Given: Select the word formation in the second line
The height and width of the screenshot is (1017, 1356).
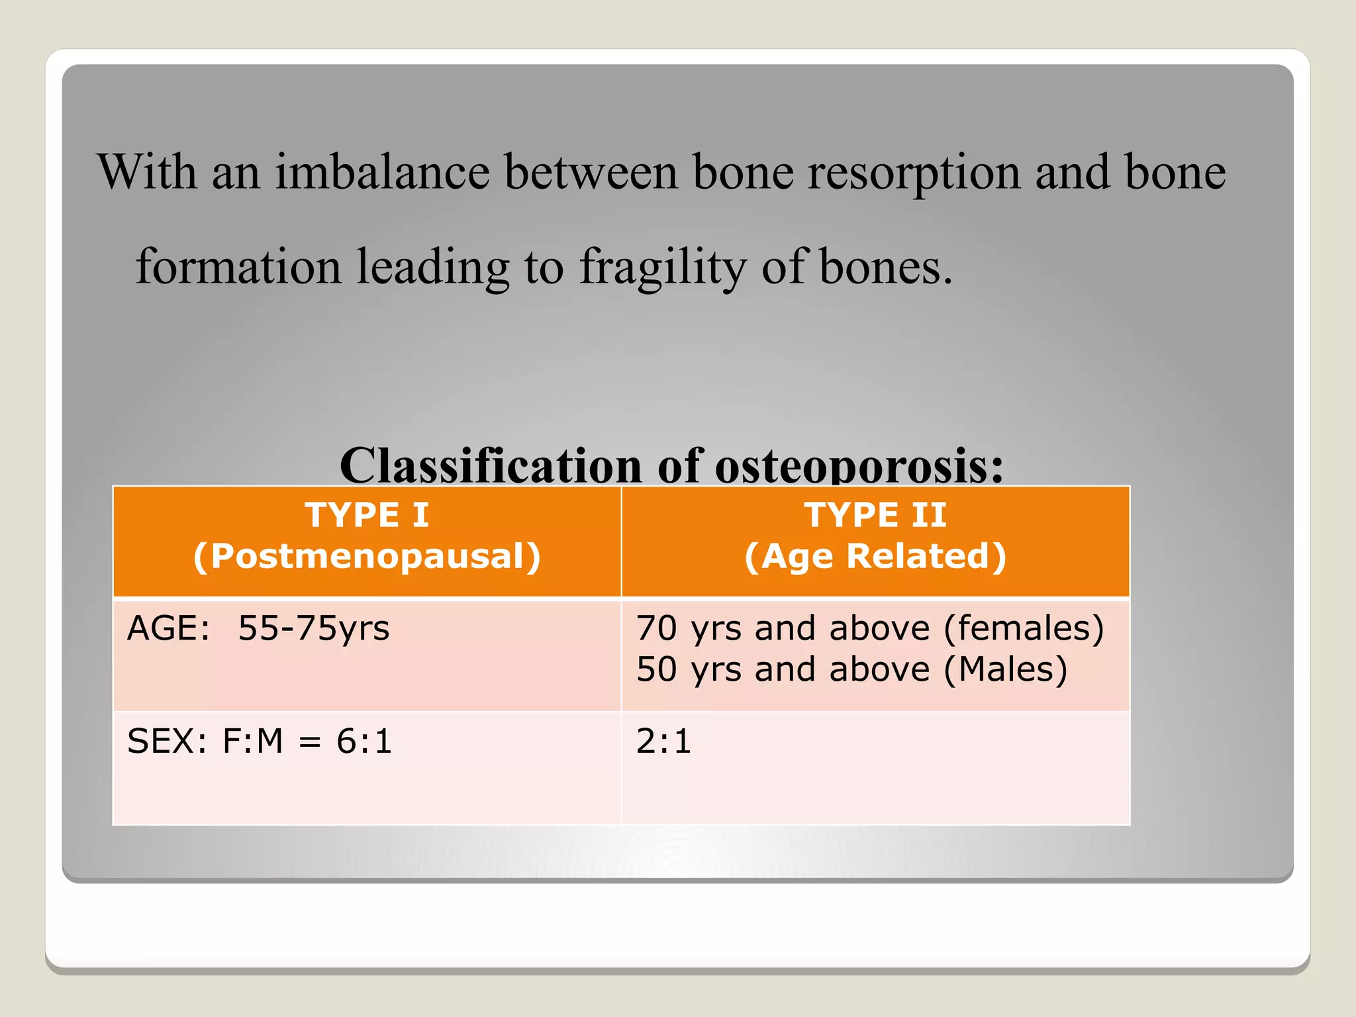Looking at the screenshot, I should pos(238,267).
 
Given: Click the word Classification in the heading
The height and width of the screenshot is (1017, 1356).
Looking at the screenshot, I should pos(490,465).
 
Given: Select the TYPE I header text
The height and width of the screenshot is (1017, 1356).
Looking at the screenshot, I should pos(367,515).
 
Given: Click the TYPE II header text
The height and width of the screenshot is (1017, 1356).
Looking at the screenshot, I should pos(875,515).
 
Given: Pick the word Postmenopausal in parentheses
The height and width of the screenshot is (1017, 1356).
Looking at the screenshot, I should pos(367,556).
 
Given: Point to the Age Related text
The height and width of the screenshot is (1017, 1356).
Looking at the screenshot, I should pos(875,556).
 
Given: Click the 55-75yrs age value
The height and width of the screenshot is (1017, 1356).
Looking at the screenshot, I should pos(314,628).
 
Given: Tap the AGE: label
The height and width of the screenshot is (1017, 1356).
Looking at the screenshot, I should pos(168,628).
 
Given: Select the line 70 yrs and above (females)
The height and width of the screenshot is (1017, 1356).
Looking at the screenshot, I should pos(869,628).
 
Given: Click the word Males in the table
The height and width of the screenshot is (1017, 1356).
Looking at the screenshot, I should pos(1005,669).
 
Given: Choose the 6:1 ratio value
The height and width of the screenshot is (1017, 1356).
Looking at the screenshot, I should pos(364,741).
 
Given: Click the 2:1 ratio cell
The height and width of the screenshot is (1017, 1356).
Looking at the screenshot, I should pos(663,741).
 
